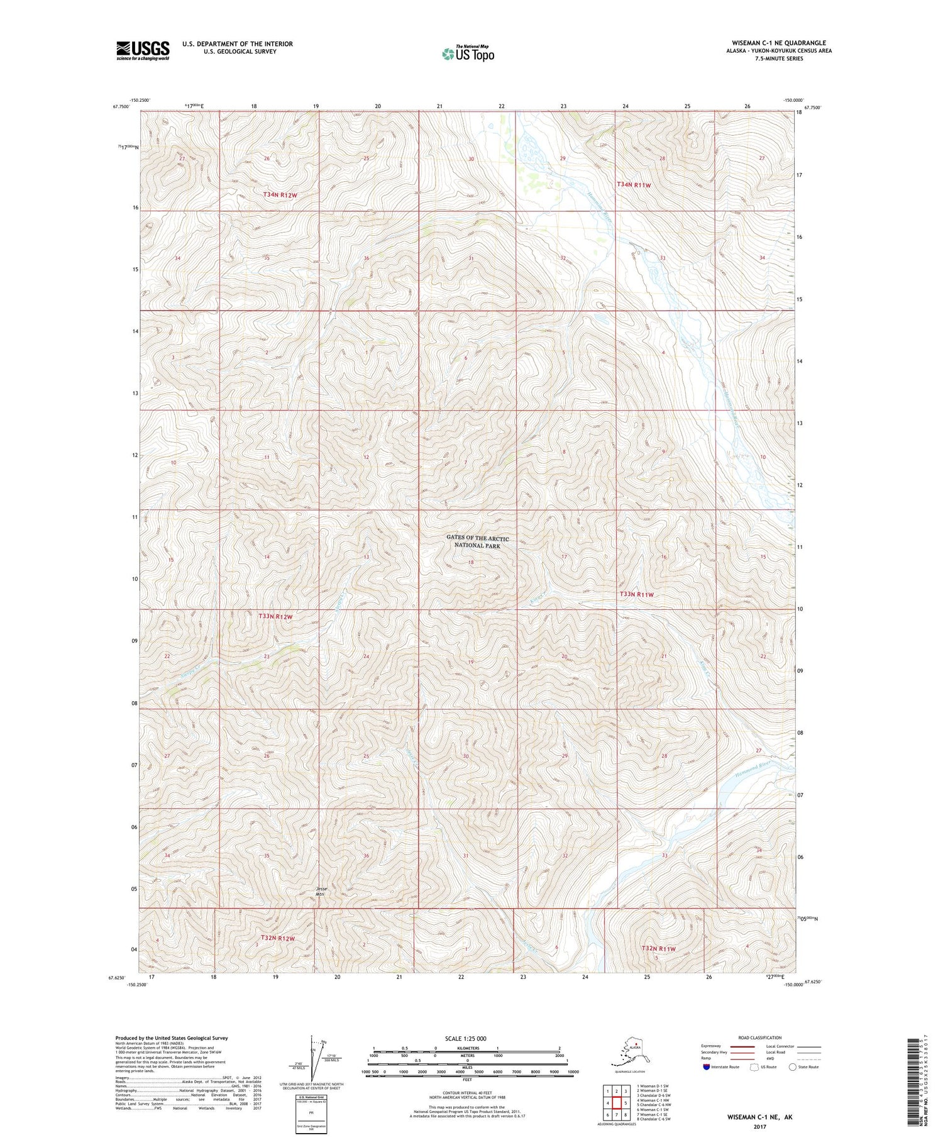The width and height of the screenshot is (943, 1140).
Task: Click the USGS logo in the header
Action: click(143, 50)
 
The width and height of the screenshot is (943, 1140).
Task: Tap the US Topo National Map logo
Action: click(468, 53)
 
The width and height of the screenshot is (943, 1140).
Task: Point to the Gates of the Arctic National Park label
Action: click(477, 541)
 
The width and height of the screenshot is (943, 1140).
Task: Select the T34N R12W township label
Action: click(279, 195)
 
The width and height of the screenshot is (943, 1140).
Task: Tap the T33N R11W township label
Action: click(637, 594)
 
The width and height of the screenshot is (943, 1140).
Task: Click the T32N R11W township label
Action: click(658, 948)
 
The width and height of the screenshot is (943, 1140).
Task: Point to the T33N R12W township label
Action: click(275, 617)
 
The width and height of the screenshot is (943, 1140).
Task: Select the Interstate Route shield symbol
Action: click(706, 1066)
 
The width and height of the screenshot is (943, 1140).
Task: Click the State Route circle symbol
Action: click(792, 1066)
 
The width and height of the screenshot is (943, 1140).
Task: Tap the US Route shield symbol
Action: click(754, 1066)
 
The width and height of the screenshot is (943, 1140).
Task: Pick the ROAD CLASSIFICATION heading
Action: click(760, 1038)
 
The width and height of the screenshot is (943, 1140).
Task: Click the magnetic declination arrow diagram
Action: click(312, 1058)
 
